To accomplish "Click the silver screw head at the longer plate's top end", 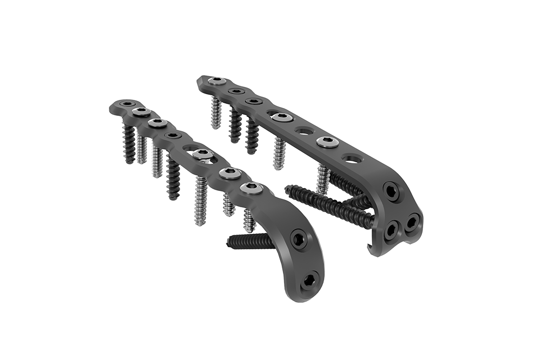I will (x=217, y=81).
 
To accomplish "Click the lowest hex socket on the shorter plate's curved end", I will (x=309, y=279).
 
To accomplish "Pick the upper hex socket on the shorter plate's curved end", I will (x=298, y=238).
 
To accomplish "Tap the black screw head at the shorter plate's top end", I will (x=127, y=103).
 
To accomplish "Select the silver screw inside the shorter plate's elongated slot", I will (x=202, y=154).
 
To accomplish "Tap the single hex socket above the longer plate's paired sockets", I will (x=392, y=191).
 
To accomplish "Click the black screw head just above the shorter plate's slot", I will (x=173, y=135).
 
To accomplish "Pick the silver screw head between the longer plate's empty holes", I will (x=327, y=142).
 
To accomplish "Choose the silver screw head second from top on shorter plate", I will (x=141, y=112).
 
